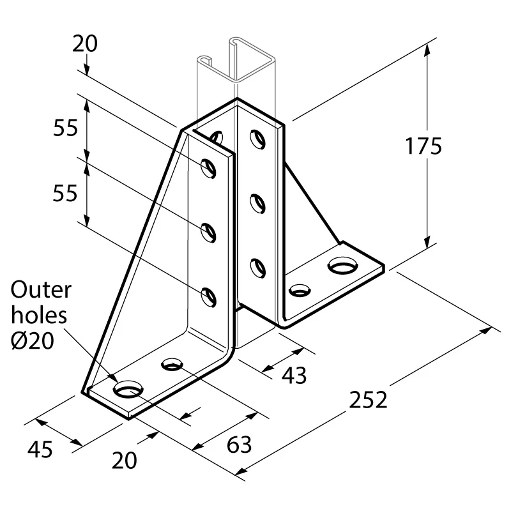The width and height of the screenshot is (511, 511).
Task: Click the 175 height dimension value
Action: pyautogui.click(x=423, y=146)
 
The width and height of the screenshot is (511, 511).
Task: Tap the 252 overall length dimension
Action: pyautogui.click(x=369, y=400)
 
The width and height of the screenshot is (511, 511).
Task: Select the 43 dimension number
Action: pyautogui.click(x=294, y=375)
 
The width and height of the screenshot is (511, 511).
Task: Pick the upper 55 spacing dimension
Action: pyautogui.click(x=65, y=128)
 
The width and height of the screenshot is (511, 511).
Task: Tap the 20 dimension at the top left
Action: pyautogui.click(x=84, y=43)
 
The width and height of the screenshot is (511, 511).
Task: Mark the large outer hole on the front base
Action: pyautogui.click(x=128, y=388)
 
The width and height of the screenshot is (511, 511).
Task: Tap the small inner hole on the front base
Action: pyautogui.click(x=172, y=365)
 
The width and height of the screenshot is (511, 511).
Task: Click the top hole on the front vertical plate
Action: pyautogui.click(x=209, y=167)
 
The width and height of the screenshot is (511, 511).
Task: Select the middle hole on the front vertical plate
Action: pyautogui.click(x=209, y=231)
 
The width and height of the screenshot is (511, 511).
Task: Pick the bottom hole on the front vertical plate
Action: pyautogui.click(x=209, y=296)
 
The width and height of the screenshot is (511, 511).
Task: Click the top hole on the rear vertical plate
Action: pyautogui.click(x=257, y=138)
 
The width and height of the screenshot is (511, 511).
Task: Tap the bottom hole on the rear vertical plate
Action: pyautogui.click(x=257, y=266)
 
